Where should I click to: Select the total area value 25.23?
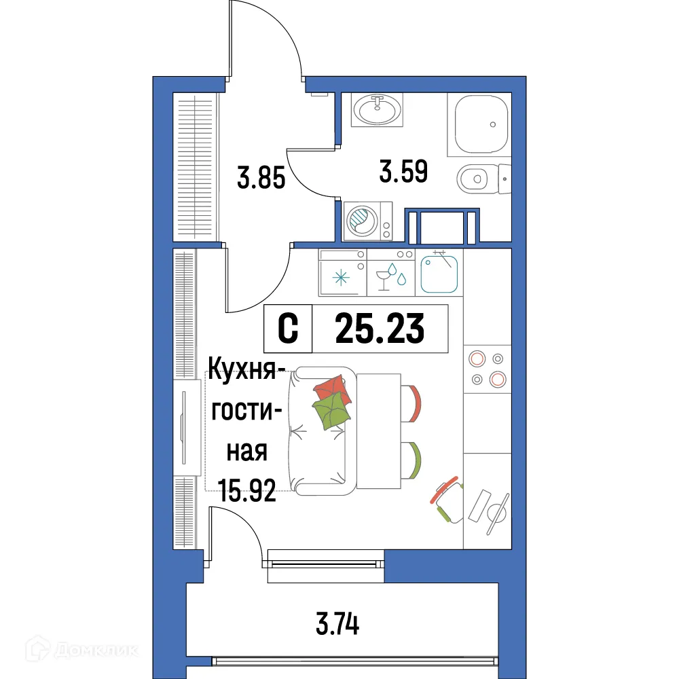click(380, 329)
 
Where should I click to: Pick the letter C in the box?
click(289, 329)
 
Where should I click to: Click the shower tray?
click(481, 123)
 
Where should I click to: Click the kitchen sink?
click(441, 272)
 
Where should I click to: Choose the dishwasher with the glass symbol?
click(390, 277)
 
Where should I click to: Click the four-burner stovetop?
click(487, 369)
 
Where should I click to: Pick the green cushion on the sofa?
click(331, 411)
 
